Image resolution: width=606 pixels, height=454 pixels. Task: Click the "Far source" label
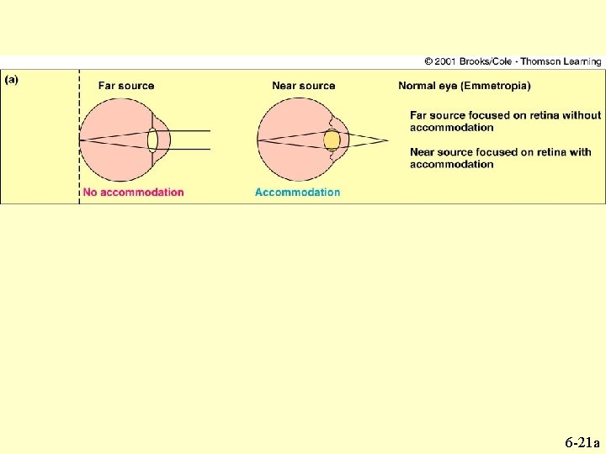tap(126, 86)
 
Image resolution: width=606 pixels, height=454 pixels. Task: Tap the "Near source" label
tap(303, 86)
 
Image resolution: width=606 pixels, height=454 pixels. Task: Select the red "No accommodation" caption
tap(133, 192)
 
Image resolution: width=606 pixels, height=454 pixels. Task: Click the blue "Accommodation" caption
tap(297, 192)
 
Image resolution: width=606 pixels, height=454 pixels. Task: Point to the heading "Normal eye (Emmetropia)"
tap(464, 86)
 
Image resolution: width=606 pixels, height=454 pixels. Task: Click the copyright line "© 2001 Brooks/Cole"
tap(471, 61)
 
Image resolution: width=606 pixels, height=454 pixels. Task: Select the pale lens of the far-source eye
tap(152, 139)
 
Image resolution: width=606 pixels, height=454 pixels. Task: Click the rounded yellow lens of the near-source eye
tap(332, 140)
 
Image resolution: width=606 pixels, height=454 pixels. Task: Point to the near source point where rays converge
tap(388, 140)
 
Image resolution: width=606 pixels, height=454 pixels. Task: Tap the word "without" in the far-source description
tap(582, 115)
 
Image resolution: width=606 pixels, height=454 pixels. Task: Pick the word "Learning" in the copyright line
tap(582, 61)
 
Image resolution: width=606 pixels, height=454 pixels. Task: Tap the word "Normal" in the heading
tap(417, 86)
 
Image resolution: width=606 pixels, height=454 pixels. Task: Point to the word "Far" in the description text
tap(419, 115)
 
